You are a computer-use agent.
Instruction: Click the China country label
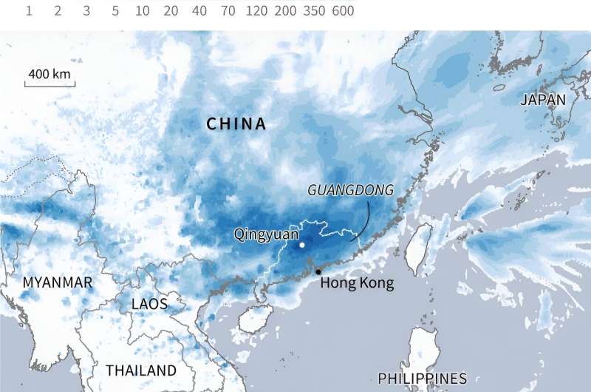(x=236, y=124)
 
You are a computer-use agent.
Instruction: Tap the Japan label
(x=542, y=100)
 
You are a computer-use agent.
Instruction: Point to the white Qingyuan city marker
(x=301, y=244)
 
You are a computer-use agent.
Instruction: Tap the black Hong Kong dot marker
(x=318, y=272)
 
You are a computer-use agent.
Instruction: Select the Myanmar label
(x=58, y=283)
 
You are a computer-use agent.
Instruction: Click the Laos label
(x=149, y=304)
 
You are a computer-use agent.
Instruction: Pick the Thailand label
(x=141, y=371)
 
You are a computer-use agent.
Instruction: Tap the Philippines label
(x=422, y=378)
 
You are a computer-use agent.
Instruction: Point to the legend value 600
(x=343, y=11)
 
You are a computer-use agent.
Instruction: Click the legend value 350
(x=313, y=11)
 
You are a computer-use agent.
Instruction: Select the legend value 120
(x=256, y=11)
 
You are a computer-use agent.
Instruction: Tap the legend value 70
(x=228, y=11)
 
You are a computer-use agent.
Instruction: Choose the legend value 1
(x=29, y=11)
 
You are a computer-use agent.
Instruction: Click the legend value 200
(x=284, y=11)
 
